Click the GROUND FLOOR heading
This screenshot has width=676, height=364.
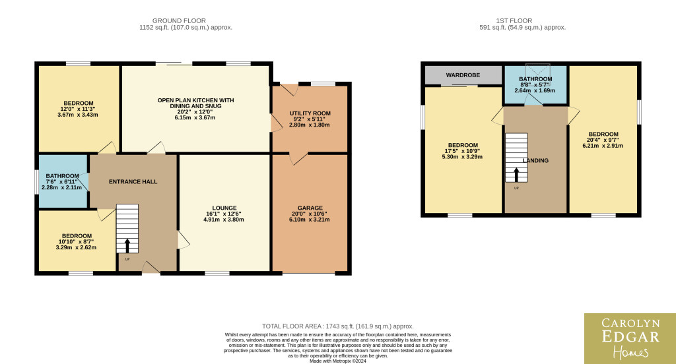pyautogui.click(x=179, y=20)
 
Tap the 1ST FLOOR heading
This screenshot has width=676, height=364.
pyautogui.click(x=514, y=20)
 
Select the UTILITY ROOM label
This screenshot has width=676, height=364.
pyautogui.click(x=310, y=113)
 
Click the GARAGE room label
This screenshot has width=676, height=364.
pyautogui.click(x=310, y=208)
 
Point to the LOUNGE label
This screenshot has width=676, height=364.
pyautogui.click(x=224, y=208)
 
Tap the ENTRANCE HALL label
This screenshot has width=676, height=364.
pyautogui.click(x=133, y=182)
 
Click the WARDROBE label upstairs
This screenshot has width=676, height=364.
pyautogui.click(x=463, y=75)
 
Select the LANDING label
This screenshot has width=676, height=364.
pyautogui.click(x=535, y=161)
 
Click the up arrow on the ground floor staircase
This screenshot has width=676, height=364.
pyautogui.click(x=127, y=246)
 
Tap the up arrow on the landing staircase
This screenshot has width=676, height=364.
pyautogui.click(x=516, y=175)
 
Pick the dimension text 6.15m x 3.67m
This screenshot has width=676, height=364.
pyautogui.click(x=195, y=117)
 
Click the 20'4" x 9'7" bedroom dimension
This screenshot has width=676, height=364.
pyautogui.click(x=603, y=140)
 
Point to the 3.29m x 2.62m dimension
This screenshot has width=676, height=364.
pyautogui.click(x=76, y=248)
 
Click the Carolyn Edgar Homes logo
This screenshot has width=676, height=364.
pyautogui.click(x=630, y=338)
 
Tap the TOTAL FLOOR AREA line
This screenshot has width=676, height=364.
pyautogui.click(x=337, y=326)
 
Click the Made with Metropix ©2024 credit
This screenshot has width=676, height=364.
pyautogui.click(x=338, y=361)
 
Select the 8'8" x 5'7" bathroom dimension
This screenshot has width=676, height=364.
pyautogui.click(x=535, y=85)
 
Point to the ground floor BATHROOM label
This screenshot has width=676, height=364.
pyautogui.click(x=63, y=176)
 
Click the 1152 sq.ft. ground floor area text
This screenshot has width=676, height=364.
pyautogui.click(x=186, y=28)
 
